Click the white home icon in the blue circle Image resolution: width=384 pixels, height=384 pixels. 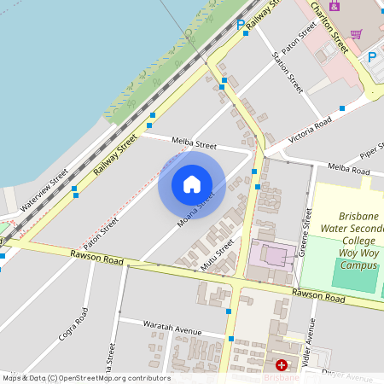192,183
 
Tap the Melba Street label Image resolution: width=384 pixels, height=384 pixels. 194,144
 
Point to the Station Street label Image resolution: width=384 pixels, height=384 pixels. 287,72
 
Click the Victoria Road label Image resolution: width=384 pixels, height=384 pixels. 309,130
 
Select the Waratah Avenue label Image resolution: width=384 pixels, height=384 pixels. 172,333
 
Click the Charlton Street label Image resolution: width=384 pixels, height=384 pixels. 329,26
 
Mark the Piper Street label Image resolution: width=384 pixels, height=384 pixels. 372,150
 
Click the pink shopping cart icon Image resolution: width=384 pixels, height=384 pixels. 356,34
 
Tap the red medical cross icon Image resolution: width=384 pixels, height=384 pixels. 282,364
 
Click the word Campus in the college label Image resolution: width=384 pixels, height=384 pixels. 358,265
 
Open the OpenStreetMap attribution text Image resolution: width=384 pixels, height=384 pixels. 86,378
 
